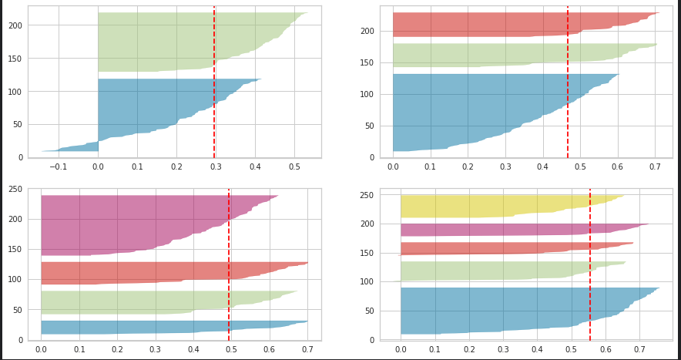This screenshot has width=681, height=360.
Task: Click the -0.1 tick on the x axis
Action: click(58, 167)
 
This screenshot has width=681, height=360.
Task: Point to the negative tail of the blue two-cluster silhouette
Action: click(77, 147)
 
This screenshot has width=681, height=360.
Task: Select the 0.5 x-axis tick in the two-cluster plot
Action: click(294, 167)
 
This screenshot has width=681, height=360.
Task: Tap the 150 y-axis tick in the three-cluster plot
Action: click(372, 62)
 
